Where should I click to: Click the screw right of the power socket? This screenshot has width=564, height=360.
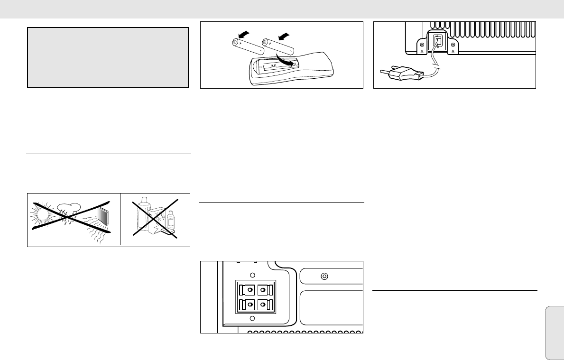tap(453, 42)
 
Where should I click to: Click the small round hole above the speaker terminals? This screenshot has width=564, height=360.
tap(252, 275)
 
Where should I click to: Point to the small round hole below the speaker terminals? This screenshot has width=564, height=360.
tap(252, 318)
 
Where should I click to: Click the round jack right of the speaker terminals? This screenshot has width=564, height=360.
tap(325, 276)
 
